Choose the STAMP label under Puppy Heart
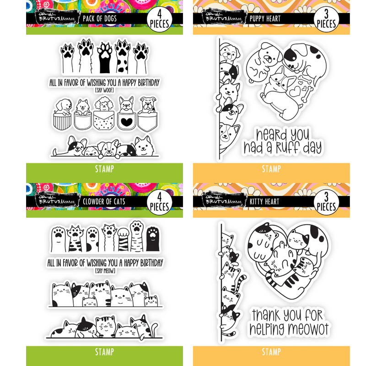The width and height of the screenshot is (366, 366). [x=271, y=170]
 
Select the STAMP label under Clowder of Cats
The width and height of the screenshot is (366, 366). [x=104, y=352]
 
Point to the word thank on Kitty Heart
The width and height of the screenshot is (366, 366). [x=269, y=315]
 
